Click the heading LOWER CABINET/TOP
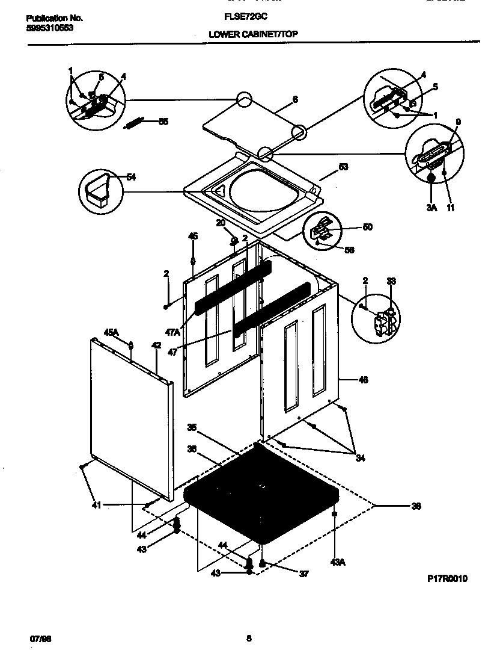click(252, 35)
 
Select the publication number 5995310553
click(50, 28)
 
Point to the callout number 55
click(163, 122)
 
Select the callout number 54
click(131, 177)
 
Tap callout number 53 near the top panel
click(343, 167)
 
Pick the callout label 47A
click(173, 332)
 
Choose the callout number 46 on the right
click(363, 380)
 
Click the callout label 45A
click(112, 332)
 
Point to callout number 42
click(156, 345)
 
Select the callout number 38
click(415, 506)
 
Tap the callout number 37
click(303, 574)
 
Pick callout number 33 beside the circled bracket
click(391, 280)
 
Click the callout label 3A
click(431, 208)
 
